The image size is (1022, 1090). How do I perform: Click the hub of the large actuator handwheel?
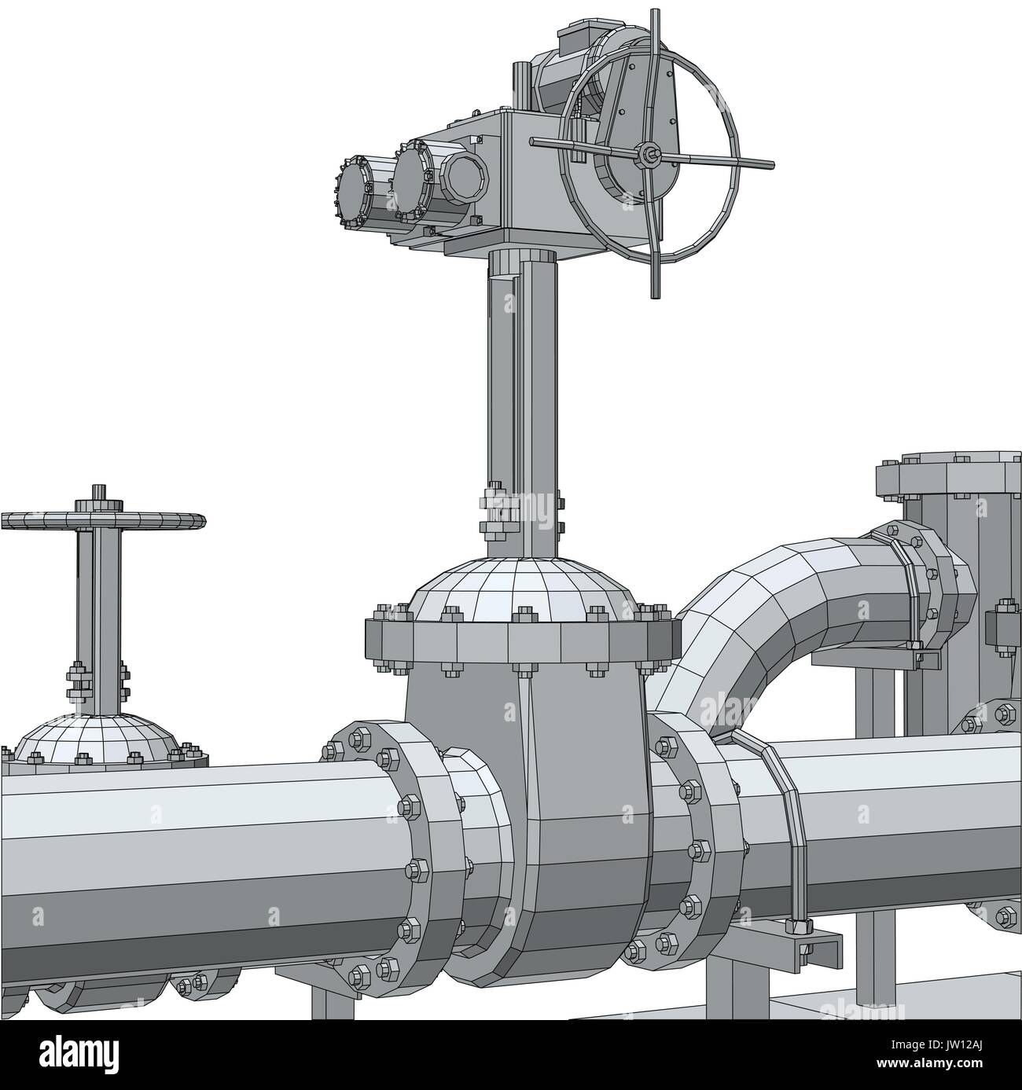pos(649,155)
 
